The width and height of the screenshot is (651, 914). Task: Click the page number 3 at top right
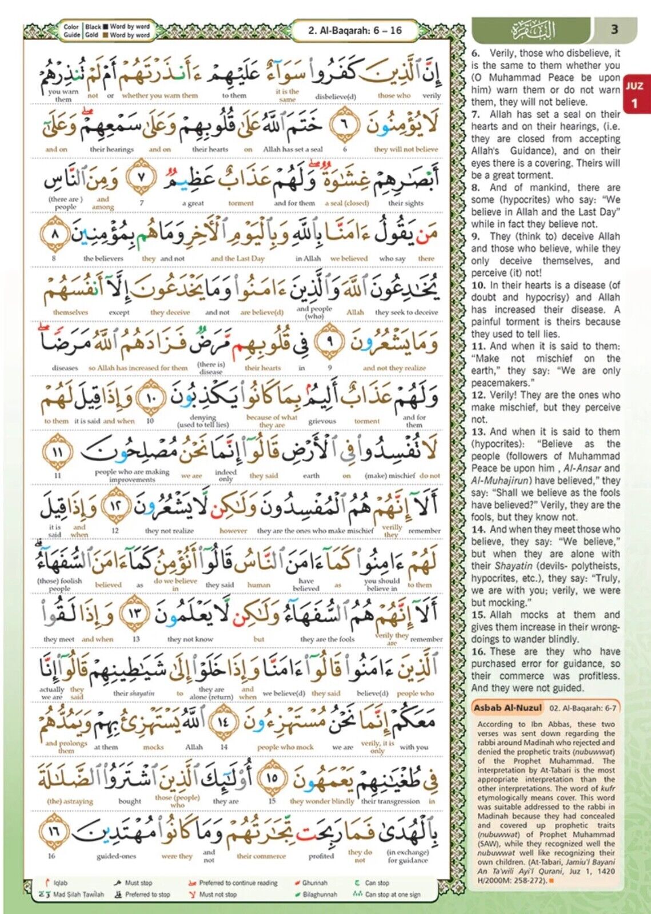click(x=614, y=29)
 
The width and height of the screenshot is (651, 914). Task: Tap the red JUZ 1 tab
click(x=634, y=95)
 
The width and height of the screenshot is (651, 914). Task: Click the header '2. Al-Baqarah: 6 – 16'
click(x=355, y=30)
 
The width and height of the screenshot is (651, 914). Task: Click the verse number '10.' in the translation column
click(x=478, y=285)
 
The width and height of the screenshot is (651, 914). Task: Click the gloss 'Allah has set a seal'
click(x=293, y=150)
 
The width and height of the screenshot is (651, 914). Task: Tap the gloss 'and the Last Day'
click(x=237, y=258)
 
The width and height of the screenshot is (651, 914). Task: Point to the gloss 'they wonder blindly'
click(x=322, y=801)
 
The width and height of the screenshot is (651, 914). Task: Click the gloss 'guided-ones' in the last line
click(x=116, y=856)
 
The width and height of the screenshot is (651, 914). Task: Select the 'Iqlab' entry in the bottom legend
click(x=60, y=883)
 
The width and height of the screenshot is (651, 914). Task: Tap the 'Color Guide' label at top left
click(x=71, y=30)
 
